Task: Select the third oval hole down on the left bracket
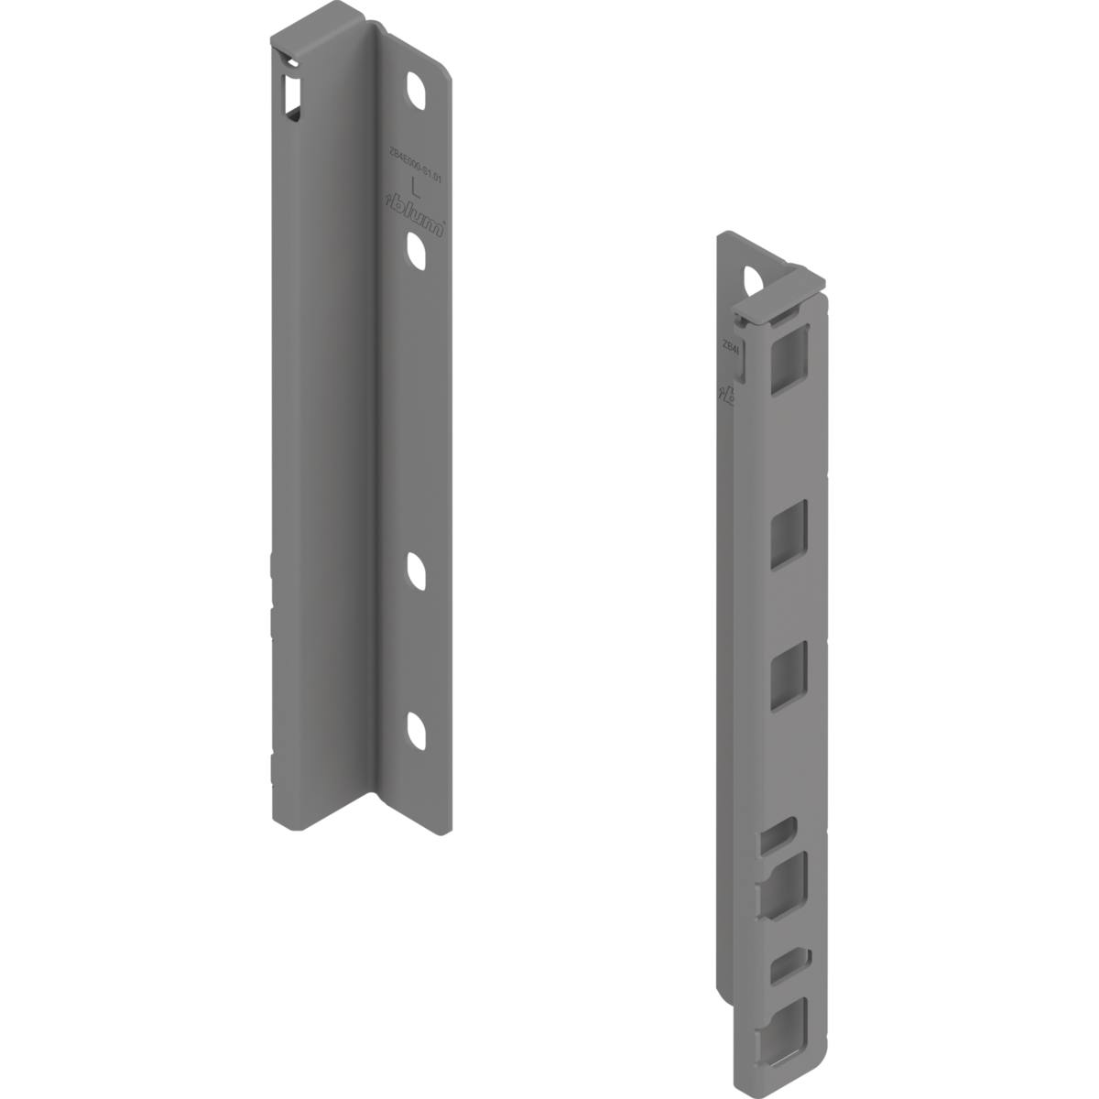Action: tap(417, 572)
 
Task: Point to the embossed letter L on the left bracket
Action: tap(417, 190)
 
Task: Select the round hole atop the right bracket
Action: tap(753, 278)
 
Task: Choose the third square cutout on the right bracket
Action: tap(789, 675)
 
